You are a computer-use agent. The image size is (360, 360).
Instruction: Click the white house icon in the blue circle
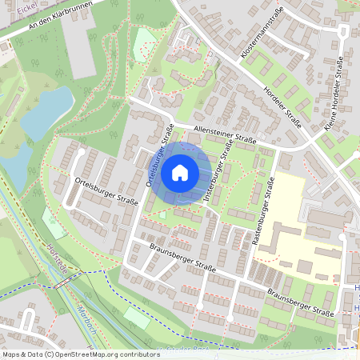coord(180,172)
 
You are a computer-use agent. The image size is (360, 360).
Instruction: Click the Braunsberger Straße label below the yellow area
coord(300,302)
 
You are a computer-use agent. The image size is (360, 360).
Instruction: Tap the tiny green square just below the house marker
coord(162,214)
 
